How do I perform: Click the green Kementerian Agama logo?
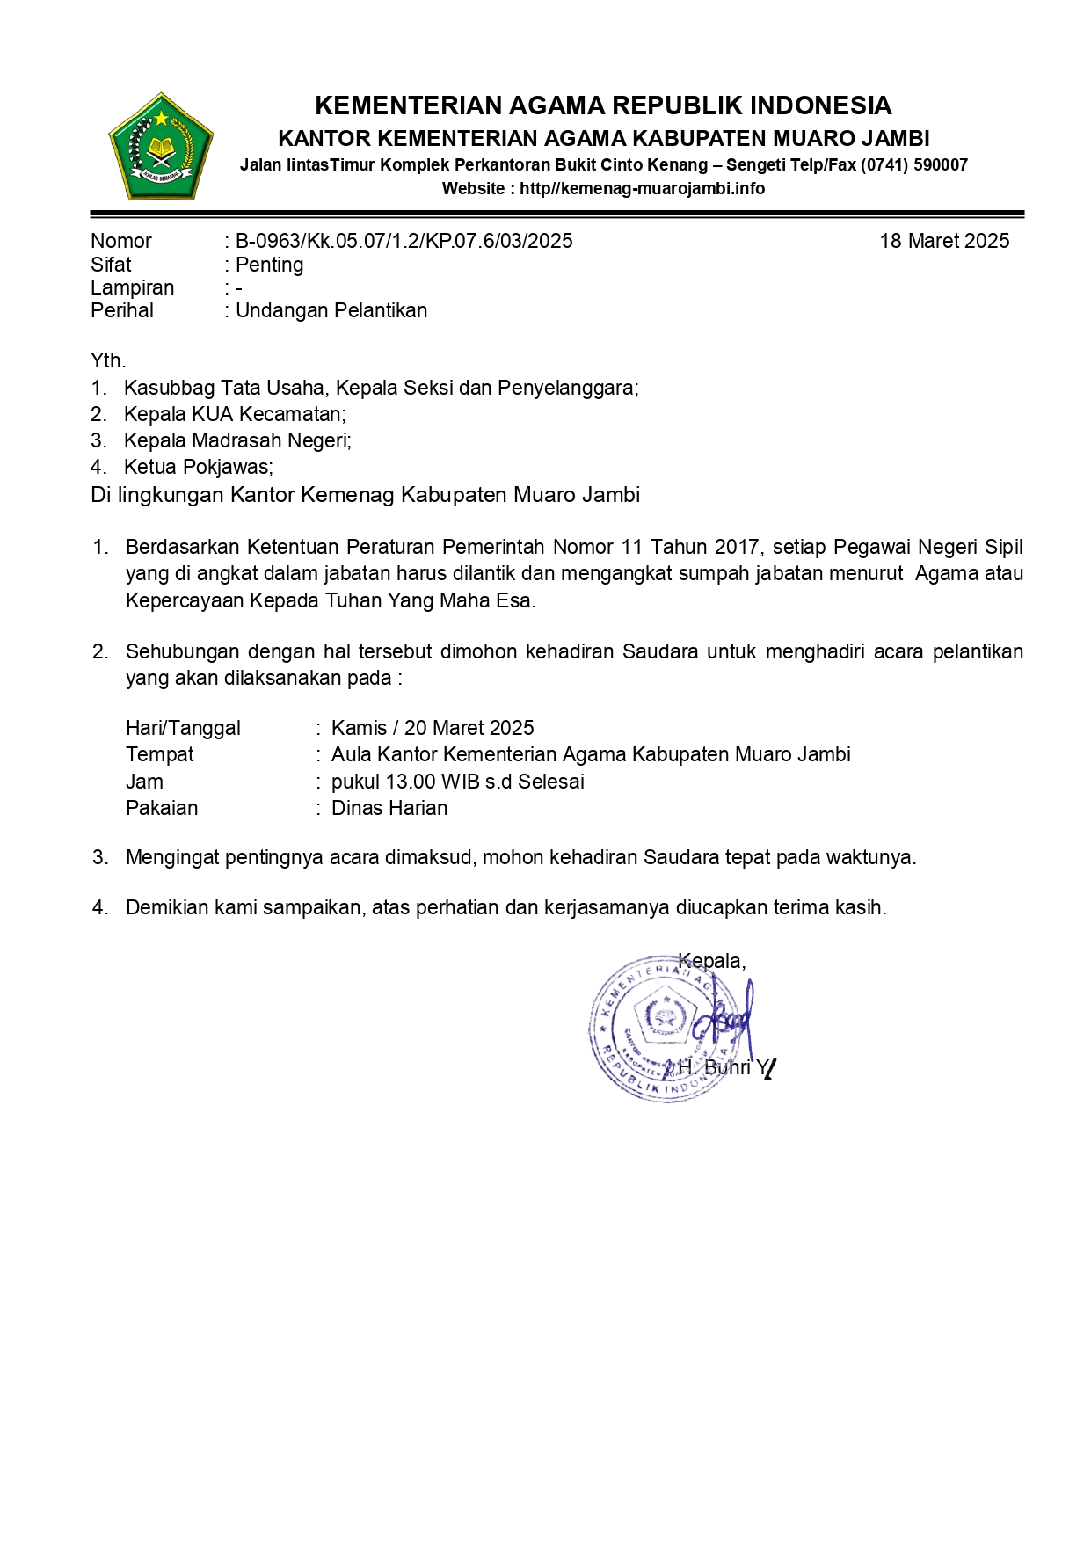pyautogui.click(x=161, y=147)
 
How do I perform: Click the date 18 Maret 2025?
pyautogui.click(x=944, y=241)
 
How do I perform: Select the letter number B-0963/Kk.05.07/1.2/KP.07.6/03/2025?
pyautogui.click(x=404, y=241)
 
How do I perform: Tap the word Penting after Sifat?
pyautogui.click(x=269, y=265)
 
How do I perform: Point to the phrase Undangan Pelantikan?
pyautogui.click(x=331, y=310)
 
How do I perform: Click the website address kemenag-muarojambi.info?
pyautogui.click(x=642, y=188)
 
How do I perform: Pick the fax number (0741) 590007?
pyautogui.click(x=914, y=164)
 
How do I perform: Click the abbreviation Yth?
pyautogui.click(x=108, y=360)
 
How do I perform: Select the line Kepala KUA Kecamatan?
pyautogui.click(x=235, y=414)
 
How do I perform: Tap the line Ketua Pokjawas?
pyautogui.click(x=198, y=467)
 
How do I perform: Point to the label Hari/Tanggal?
pyautogui.click(x=183, y=728)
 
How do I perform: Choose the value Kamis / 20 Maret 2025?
pyautogui.click(x=433, y=728)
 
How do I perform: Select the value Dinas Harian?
pyautogui.click(x=389, y=808)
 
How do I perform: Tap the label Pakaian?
pyautogui.click(x=162, y=808)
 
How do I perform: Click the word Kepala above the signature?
pyautogui.click(x=710, y=961)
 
